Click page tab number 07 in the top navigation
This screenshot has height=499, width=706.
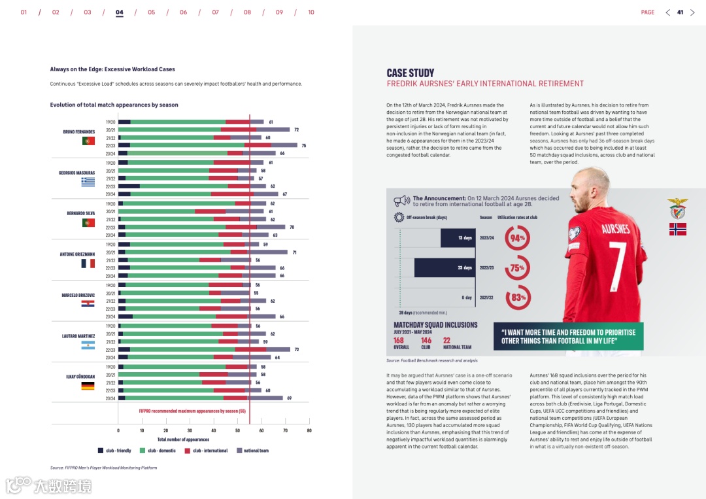click(x=215, y=12)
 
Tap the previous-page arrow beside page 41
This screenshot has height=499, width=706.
click(x=667, y=12)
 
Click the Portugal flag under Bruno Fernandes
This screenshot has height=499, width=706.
click(x=88, y=141)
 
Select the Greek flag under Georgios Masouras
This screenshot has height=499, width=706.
click(x=88, y=181)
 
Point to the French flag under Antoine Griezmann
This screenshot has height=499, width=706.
click(x=88, y=263)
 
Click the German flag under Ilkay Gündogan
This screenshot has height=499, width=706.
click(x=88, y=386)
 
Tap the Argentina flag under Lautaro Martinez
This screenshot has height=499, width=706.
click(x=88, y=345)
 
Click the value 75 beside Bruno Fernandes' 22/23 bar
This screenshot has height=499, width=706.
click(x=304, y=145)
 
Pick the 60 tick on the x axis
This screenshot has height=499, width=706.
click(x=261, y=431)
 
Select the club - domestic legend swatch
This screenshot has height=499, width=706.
click(x=142, y=451)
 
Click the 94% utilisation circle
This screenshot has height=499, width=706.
click(x=518, y=238)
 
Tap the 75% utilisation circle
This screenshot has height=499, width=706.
click(x=518, y=268)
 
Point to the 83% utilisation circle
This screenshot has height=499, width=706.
click(x=518, y=298)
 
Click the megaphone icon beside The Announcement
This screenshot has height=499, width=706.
click(x=401, y=201)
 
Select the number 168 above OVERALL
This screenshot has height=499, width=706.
click(x=399, y=340)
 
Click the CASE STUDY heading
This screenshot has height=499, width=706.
click(x=410, y=73)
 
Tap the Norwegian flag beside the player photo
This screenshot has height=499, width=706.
click(x=677, y=229)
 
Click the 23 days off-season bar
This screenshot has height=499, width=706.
click(x=443, y=267)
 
